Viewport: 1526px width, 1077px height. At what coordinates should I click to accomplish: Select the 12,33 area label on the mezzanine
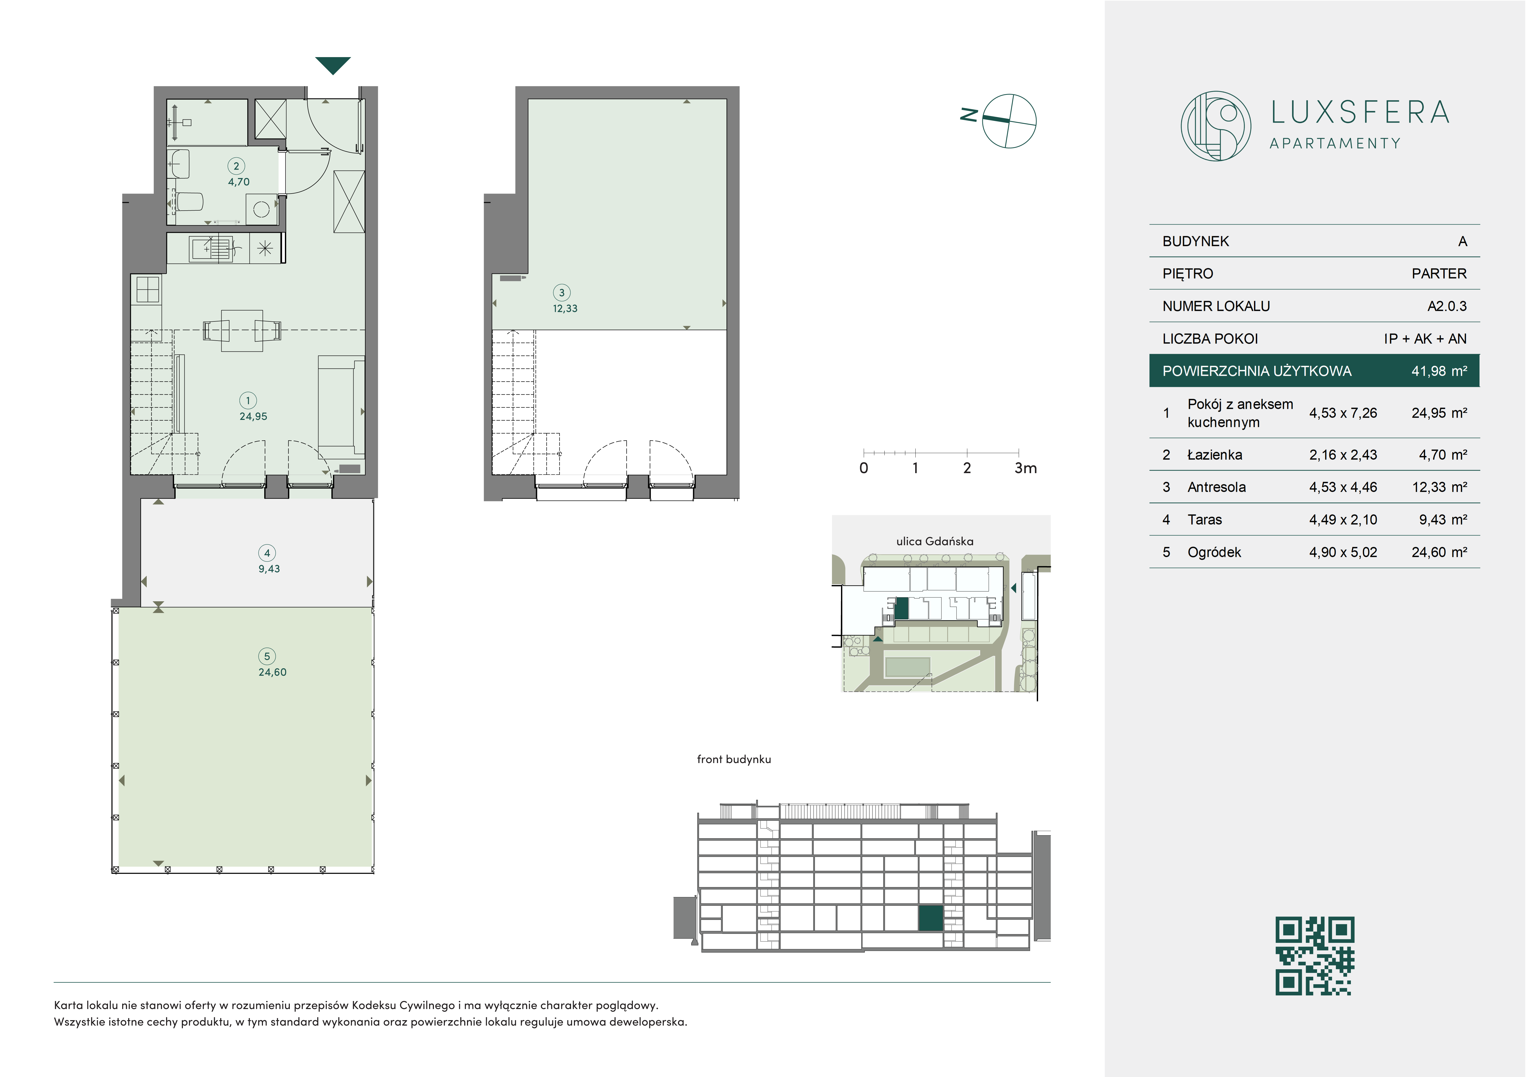[x=565, y=309]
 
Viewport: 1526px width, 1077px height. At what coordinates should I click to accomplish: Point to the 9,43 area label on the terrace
[x=269, y=569]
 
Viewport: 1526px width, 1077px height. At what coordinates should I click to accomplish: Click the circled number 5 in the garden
[x=267, y=656]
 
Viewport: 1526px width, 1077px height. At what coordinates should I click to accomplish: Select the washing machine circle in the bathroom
[x=261, y=209]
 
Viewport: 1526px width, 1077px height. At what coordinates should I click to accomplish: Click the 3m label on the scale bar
[x=1025, y=468]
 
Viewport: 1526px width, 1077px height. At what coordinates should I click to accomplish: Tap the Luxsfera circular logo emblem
[x=1216, y=126]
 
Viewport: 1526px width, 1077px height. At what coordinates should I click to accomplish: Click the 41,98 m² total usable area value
[x=1439, y=371]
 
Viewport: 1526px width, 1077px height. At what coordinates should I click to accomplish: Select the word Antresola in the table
[x=1216, y=487]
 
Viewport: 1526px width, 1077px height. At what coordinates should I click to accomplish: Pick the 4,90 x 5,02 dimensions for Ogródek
[x=1343, y=552]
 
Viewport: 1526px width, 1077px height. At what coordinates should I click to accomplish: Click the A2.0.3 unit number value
[x=1447, y=306]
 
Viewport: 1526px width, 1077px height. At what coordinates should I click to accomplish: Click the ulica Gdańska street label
[x=935, y=541]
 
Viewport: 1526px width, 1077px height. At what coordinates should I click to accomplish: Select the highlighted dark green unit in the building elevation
[x=930, y=918]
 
